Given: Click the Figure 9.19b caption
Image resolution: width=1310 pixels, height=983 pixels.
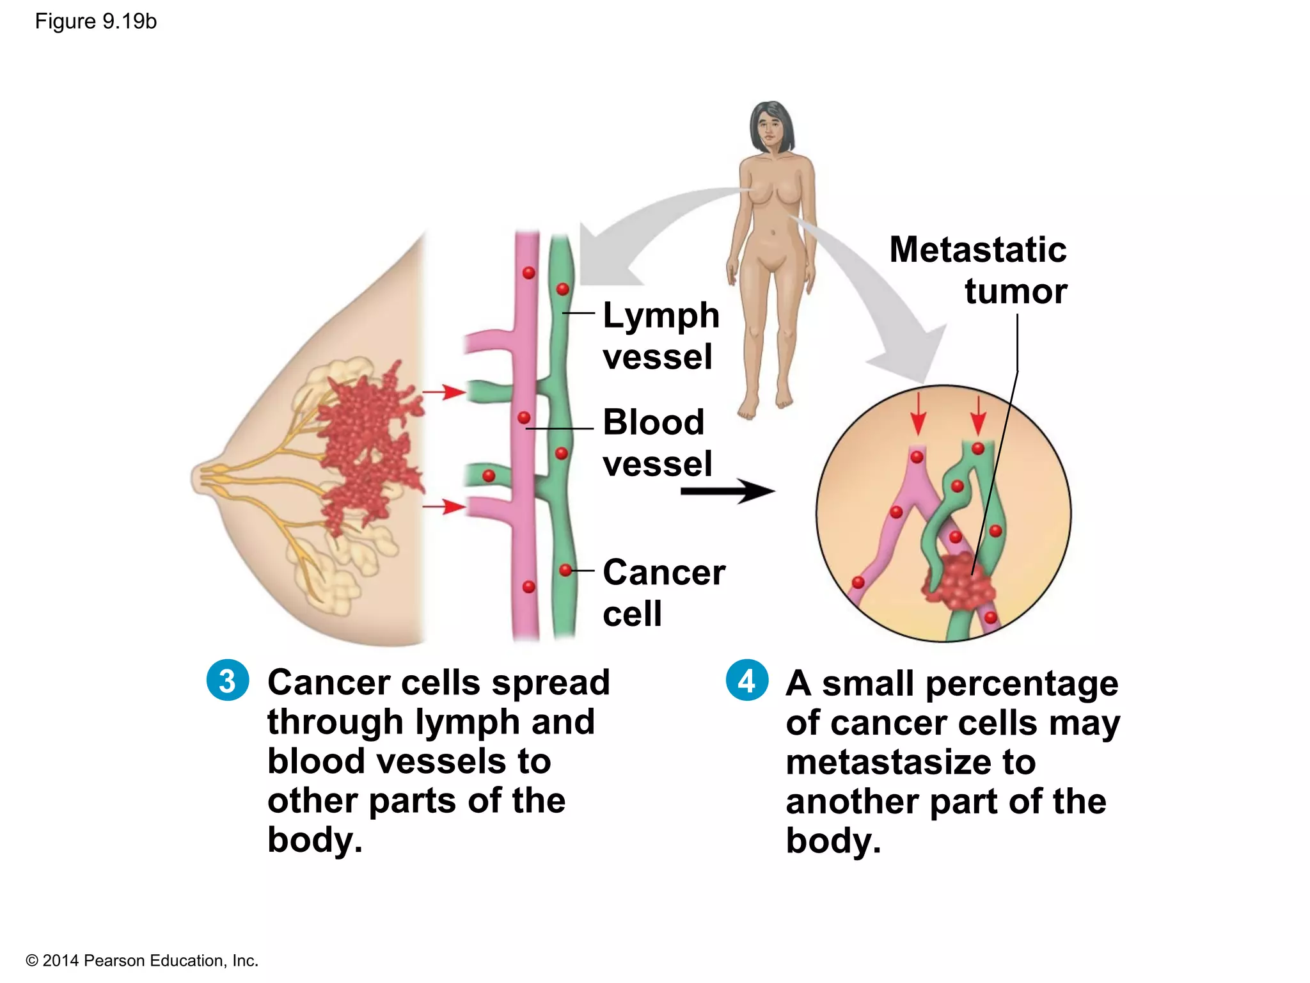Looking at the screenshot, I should coord(95,22).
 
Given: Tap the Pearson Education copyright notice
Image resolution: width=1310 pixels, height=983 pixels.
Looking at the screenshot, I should coord(141,960).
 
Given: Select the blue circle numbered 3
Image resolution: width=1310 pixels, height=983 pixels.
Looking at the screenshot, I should coord(227,680).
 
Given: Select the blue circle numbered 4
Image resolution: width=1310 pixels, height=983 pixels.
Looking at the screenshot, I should coord(746,680).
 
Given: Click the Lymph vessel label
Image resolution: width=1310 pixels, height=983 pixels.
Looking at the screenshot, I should coord(660,335).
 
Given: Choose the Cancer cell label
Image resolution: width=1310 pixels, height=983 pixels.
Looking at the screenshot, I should coord(663,592).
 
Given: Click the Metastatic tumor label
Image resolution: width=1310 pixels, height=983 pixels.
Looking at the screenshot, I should coord(979,270).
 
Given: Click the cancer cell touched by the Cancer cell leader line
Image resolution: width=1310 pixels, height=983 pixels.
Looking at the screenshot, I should coord(565,570).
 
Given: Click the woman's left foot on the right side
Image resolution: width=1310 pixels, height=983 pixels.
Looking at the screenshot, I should coord(784,401).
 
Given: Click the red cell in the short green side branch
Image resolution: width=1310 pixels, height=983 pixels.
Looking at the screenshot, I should coord(489,476).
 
